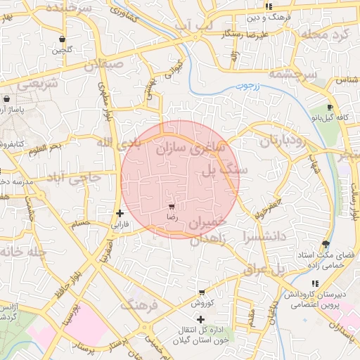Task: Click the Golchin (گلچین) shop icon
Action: click(x=63, y=39)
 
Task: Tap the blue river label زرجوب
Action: click(x=247, y=87)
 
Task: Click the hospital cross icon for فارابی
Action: click(x=120, y=213)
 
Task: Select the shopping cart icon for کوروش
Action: click(x=202, y=292)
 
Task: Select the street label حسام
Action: click(x=82, y=224)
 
